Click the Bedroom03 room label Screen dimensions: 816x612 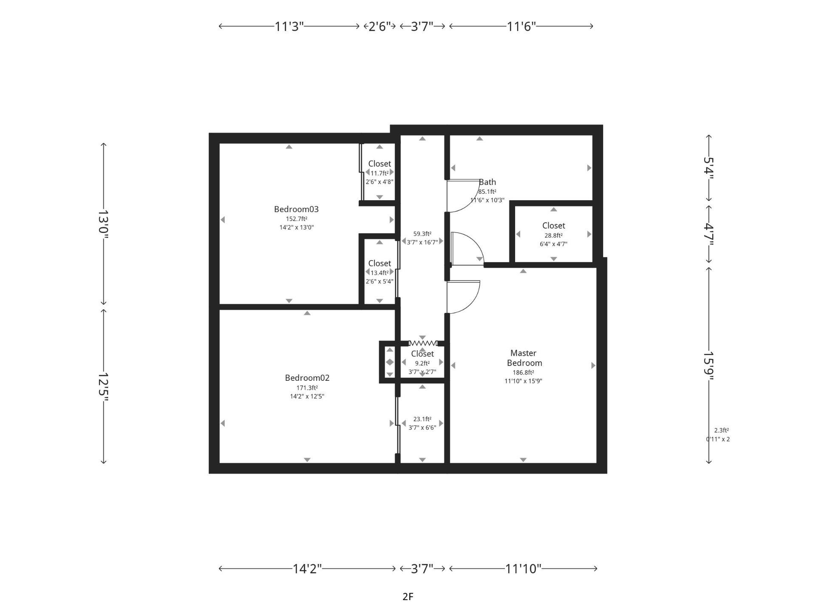pyautogui.click(x=296, y=209)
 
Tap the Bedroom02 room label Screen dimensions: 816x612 pyautogui.click(x=307, y=378)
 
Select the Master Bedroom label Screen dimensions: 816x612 pyautogui.click(x=524, y=358)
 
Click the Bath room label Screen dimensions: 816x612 pyautogui.click(x=487, y=182)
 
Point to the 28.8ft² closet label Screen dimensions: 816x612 pyautogui.click(x=554, y=226)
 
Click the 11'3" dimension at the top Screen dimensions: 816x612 pyautogui.click(x=289, y=26)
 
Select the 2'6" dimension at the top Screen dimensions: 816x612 pyautogui.click(x=380, y=26)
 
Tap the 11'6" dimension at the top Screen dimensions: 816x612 pyautogui.click(x=521, y=26)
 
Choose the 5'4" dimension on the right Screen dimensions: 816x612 pyautogui.click(x=708, y=168)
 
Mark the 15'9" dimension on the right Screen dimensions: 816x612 pyautogui.click(x=708, y=366)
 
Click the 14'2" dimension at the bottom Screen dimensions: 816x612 pyautogui.click(x=307, y=569)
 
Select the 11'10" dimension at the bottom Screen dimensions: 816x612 pyautogui.click(x=523, y=569)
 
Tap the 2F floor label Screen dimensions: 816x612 pyautogui.click(x=408, y=597)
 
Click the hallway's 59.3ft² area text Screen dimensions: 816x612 pyautogui.click(x=422, y=234)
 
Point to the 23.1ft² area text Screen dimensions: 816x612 pyautogui.click(x=422, y=419)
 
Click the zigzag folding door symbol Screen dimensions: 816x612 pyautogui.click(x=422, y=343)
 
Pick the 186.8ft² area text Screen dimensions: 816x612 pyautogui.click(x=523, y=373)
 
